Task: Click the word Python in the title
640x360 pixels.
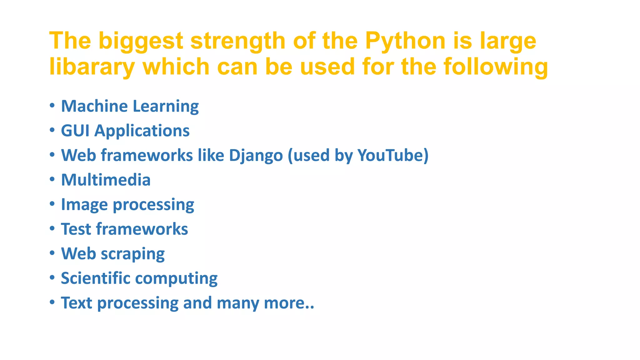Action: pos(405,41)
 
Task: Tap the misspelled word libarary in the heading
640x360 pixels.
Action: pos(92,67)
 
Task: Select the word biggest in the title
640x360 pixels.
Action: pos(141,41)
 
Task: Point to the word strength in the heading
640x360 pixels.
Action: pos(238,41)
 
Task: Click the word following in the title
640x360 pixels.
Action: pos(496,67)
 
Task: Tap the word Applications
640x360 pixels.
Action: pos(142,131)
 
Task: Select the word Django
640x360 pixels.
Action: pos(256,155)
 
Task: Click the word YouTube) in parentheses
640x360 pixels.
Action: pos(393,155)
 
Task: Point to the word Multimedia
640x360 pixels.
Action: pos(106,180)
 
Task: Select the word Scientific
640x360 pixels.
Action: pos(96,278)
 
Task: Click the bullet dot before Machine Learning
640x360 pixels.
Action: pos(52,105)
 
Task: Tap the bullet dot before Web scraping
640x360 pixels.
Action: pos(52,252)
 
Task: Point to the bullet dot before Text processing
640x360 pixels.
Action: pos(52,302)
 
